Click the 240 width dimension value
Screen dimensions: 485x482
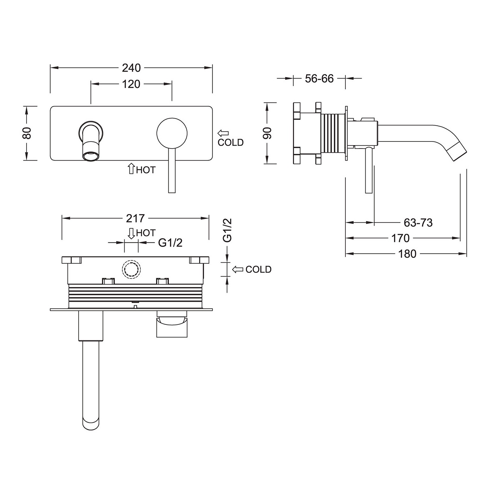(131, 68)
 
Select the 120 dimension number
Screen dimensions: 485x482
(131, 84)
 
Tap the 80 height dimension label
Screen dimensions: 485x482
(27, 133)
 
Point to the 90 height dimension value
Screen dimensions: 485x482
(268, 133)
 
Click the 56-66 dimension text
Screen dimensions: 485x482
(319, 79)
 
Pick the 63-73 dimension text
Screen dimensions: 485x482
(418, 223)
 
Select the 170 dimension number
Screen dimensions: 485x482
(400, 238)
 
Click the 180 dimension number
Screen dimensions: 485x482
(407, 254)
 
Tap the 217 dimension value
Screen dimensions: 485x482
(135, 218)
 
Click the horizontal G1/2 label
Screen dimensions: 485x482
(170, 242)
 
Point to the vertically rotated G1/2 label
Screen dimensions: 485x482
(227, 230)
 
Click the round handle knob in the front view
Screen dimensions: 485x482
(172, 133)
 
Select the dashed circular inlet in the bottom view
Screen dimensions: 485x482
(131, 269)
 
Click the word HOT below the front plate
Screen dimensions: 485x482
(146, 170)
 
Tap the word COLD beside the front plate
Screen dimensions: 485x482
(231, 143)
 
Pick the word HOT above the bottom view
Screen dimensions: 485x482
(146, 233)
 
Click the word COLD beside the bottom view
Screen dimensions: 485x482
(259, 269)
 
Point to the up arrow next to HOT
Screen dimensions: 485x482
(131, 169)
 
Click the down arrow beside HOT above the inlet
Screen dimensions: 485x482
(131, 233)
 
